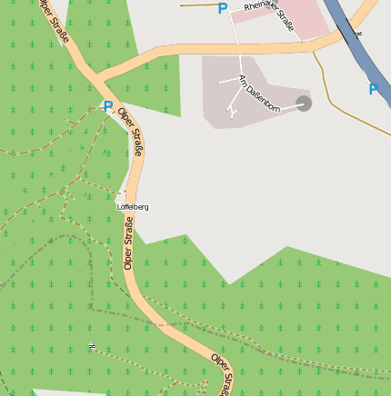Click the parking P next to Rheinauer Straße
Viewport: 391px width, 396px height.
tap(223, 9)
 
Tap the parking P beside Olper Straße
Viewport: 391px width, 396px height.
tap(108, 107)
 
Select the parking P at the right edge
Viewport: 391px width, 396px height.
tap(374, 89)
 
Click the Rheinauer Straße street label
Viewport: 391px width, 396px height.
tap(269, 17)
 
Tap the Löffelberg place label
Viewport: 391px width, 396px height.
tap(133, 207)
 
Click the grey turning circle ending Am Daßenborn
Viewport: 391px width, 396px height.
tap(304, 104)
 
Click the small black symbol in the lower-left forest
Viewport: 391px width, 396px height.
tap(92, 346)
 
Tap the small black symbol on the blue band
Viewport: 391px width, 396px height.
tap(358, 38)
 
